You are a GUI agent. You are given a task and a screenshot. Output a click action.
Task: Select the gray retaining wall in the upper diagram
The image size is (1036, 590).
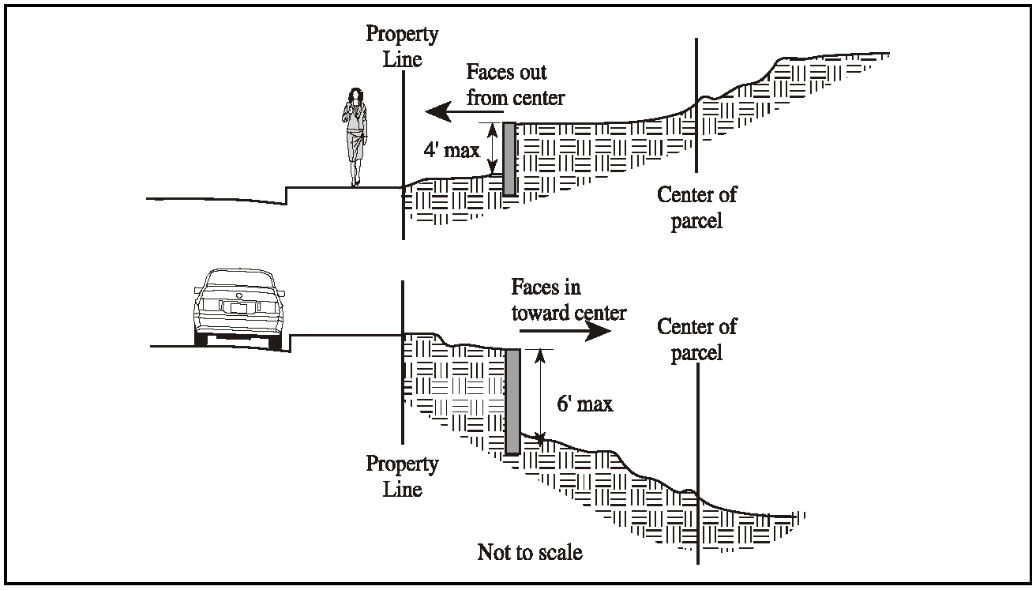coord(509,158)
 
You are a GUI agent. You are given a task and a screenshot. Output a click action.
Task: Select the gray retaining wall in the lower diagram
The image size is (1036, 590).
coord(512,401)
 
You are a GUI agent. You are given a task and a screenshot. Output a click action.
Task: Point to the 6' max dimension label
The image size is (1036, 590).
coord(584,404)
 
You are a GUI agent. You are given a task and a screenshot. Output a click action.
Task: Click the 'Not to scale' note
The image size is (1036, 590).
coord(530,551)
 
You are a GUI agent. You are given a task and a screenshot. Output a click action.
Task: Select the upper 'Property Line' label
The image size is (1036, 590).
coord(402,47)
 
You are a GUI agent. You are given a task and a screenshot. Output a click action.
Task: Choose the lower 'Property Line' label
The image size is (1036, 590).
coord(402,476)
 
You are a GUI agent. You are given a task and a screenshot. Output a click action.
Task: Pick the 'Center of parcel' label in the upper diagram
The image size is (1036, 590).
coord(696,207)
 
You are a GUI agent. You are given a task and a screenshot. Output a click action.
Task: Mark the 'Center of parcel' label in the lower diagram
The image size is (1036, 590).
coord(696,338)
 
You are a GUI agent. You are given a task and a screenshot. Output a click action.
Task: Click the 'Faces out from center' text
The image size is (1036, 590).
coord(516,85)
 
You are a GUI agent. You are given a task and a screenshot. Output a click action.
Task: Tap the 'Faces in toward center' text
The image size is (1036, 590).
coord(569,299)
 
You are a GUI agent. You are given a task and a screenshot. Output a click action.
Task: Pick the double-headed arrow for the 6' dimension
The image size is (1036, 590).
coord(540,395)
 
